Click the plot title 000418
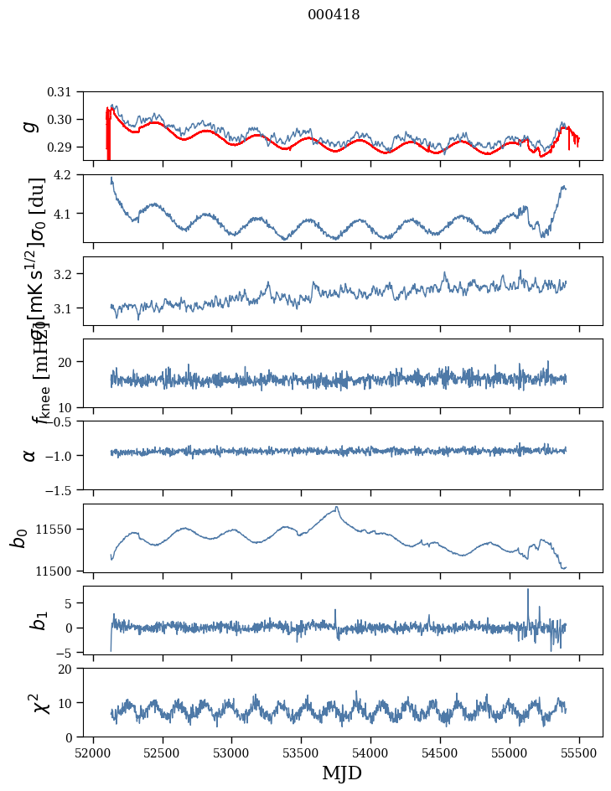(334, 14)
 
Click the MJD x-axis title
(342, 773)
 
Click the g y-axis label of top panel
(30, 126)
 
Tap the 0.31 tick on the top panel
(71, 92)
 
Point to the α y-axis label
(30, 455)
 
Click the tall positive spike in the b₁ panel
(528, 590)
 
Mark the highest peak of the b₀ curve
(337, 507)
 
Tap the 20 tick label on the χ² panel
(75, 669)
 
